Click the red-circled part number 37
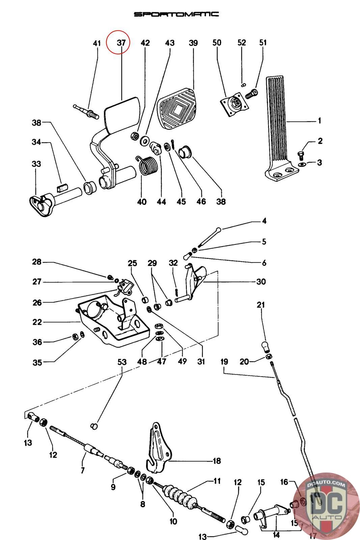tap(121, 43)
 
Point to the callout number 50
tap(217, 43)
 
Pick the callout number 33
tap(36, 164)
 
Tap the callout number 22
tap(37, 322)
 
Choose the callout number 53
tap(122, 362)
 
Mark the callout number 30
tap(261, 281)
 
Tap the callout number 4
tap(264, 221)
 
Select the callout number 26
tap(37, 302)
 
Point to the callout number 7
tap(83, 470)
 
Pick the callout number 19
tap(224, 362)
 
